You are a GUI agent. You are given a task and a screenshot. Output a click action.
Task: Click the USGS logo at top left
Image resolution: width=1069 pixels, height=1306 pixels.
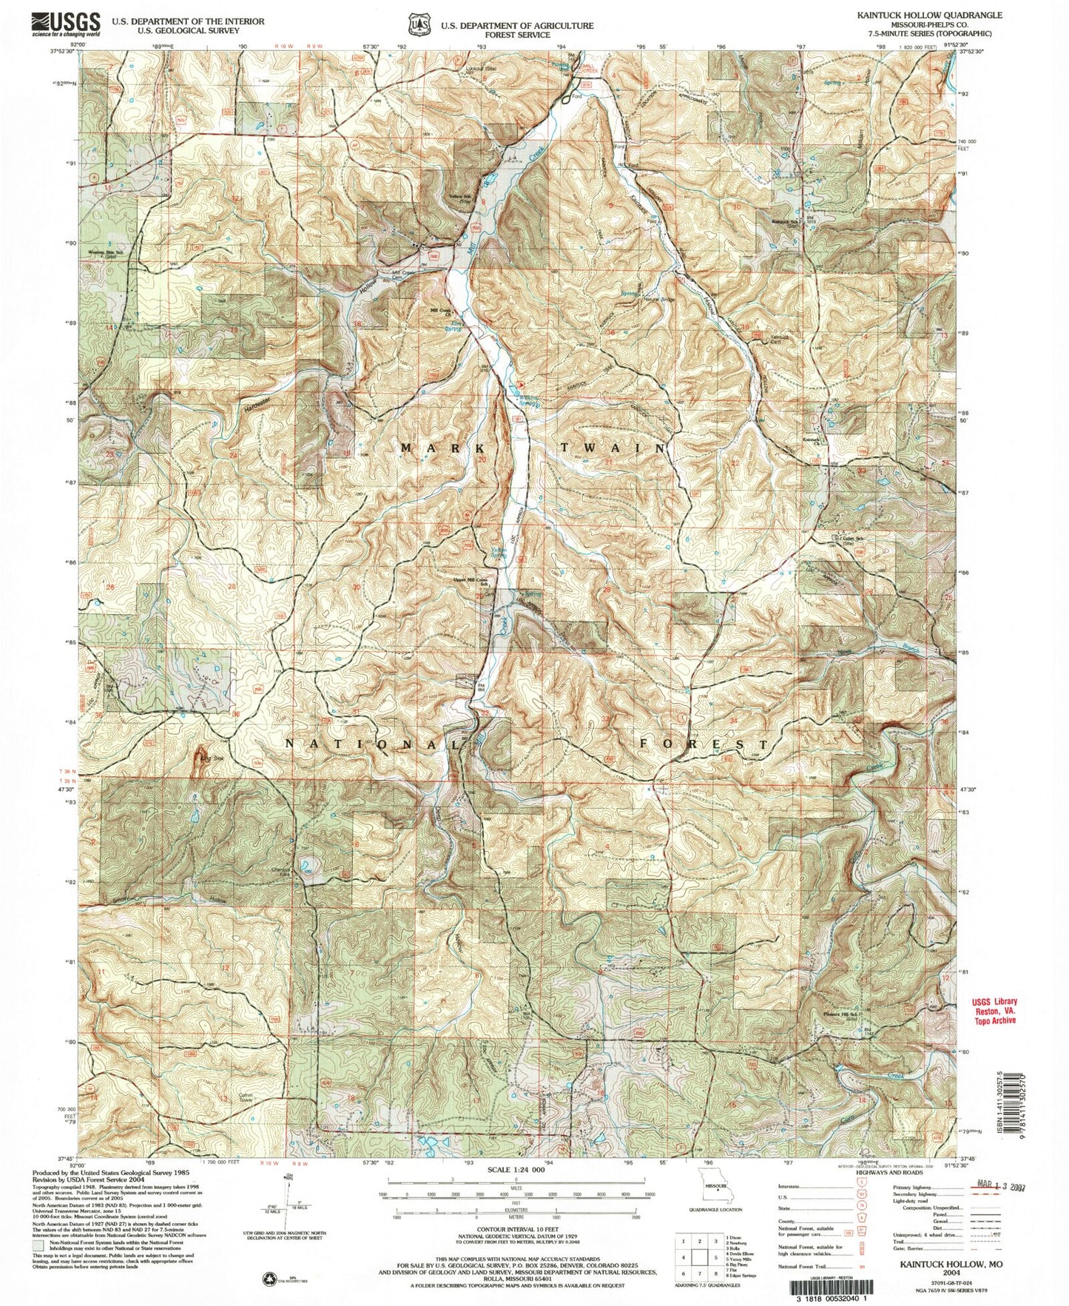pos(65,24)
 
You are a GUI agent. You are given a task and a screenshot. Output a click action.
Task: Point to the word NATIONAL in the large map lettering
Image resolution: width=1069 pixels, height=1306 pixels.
pos(372,742)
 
